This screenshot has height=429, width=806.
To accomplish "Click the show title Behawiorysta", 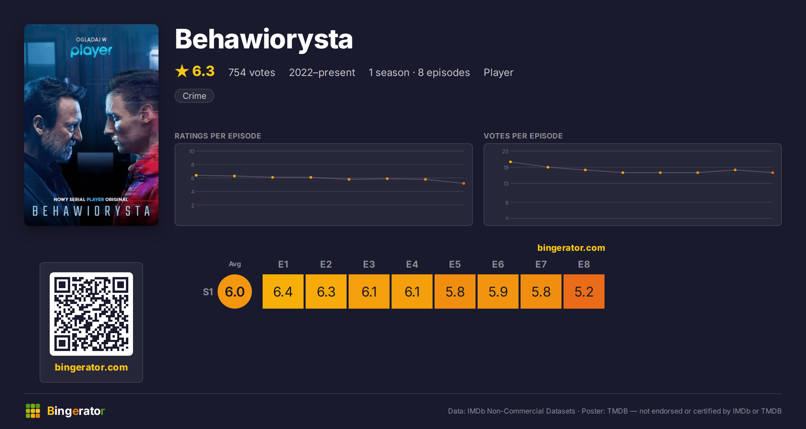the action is click(x=264, y=40).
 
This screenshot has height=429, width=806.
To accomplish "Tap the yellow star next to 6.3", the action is click(x=182, y=71).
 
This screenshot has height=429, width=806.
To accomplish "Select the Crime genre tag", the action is click(x=194, y=96).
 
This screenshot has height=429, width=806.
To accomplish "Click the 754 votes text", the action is click(x=252, y=72).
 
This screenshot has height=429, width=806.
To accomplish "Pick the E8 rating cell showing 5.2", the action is click(x=584, y=291).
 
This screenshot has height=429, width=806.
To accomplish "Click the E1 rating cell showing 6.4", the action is click(x=283, y=291).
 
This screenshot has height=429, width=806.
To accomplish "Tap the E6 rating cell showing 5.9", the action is click(x=498, y=291).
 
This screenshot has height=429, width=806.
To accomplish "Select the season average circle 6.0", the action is click(x=235, y=291).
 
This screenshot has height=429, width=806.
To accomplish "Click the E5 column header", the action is click(x=455, y=264).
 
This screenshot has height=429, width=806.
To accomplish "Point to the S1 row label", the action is click(x=208, y=292).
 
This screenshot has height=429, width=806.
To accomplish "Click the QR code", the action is click(x=91, y=314).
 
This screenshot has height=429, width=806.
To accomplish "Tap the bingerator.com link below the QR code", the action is click(x=91, y=367).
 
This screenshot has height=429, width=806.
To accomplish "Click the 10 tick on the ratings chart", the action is click(x=192, y=151).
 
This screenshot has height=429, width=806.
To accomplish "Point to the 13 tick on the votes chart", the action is click(x=506, y=184).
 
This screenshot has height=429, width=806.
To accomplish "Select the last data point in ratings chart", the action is click(x=464, y=184).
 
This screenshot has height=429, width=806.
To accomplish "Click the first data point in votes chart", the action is click(x=510, y=162).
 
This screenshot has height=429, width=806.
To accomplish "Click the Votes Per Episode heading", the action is click(x=523, y=136).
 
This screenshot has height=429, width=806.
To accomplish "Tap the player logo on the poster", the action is click(x=91, y=50).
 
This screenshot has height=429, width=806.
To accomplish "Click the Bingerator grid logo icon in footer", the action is click(x=33, y=411).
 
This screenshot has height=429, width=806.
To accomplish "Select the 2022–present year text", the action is click(x=322, y=72).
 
